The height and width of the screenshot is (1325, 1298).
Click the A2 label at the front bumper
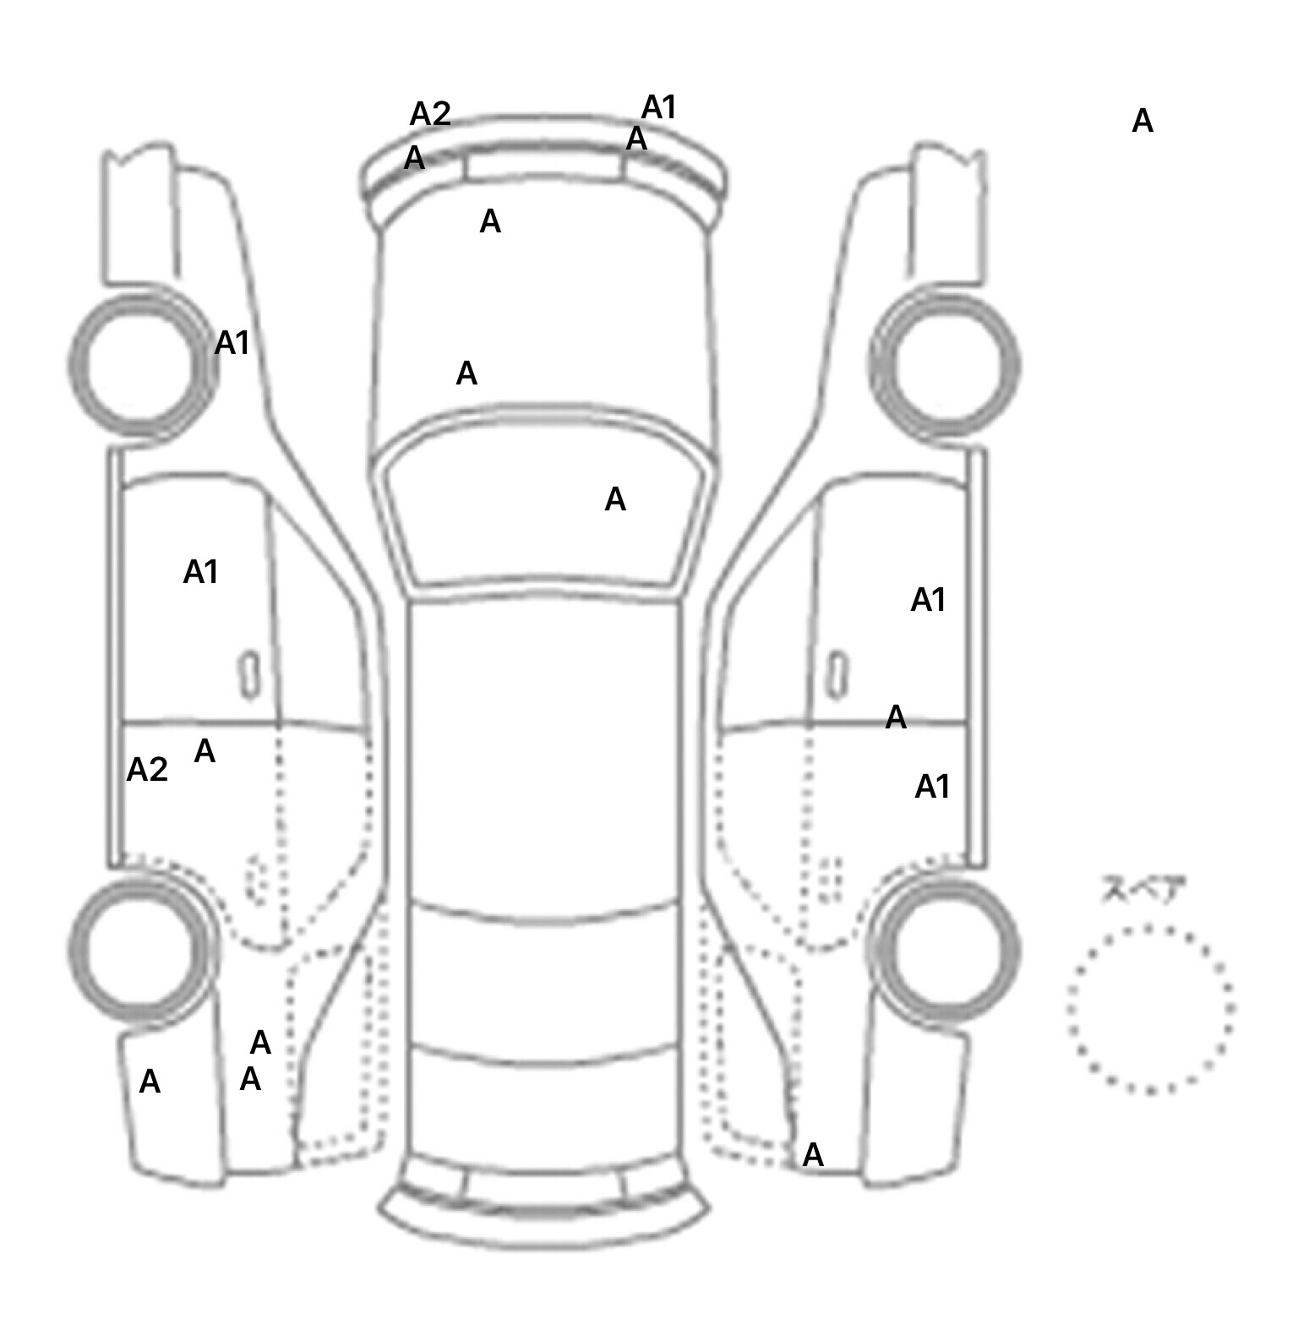click(x=430, y=114)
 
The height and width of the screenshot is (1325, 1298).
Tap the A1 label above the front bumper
click(x=659, y=108)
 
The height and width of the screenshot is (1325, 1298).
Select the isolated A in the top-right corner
click(x=1143, y=122)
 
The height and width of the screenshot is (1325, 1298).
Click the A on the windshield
click(x=615, y=500)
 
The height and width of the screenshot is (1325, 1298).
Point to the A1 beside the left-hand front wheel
click(x=232, y=343)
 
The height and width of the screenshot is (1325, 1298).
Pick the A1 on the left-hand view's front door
click(x=201, y=573)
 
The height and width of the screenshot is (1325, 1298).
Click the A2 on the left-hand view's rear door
click(x=147, y=770)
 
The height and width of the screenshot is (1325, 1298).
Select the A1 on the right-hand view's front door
click(x=928, y=601)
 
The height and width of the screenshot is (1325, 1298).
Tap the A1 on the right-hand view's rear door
click(x=933, y=788)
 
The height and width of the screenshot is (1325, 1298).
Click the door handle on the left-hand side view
click(x=249, y=675)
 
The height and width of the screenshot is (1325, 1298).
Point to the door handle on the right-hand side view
click(x=837, y=675)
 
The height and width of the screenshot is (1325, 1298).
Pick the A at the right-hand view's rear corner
click(x=813, y=1155)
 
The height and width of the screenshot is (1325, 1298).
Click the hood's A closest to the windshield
click(x=466, y=374)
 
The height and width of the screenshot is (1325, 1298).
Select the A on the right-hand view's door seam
click(x=896, y=718)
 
